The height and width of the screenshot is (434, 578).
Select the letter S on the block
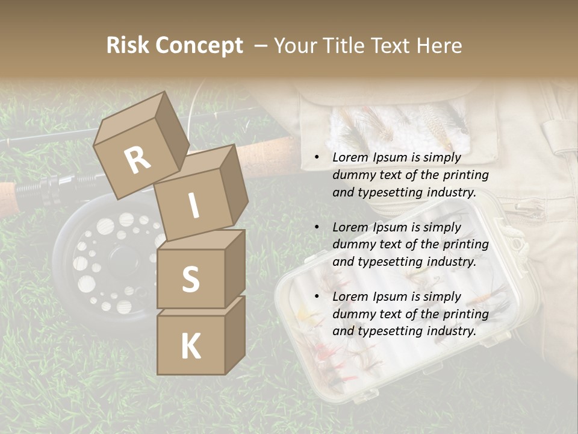(x=190, y=278)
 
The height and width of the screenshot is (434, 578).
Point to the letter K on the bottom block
(x=190, y=347)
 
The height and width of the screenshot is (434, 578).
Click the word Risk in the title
(x=129, y=46)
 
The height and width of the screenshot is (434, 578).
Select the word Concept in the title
(x=200, y=46)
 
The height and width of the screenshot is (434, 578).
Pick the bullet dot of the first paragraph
(x=317, y=158)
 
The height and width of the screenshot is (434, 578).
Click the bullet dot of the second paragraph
(x=317, y=227)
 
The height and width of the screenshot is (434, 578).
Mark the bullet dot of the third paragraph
(x=317, y=297)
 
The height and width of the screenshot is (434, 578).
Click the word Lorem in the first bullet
(x=349, y=157)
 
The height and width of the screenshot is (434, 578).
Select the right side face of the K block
(x=235, y=335)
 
